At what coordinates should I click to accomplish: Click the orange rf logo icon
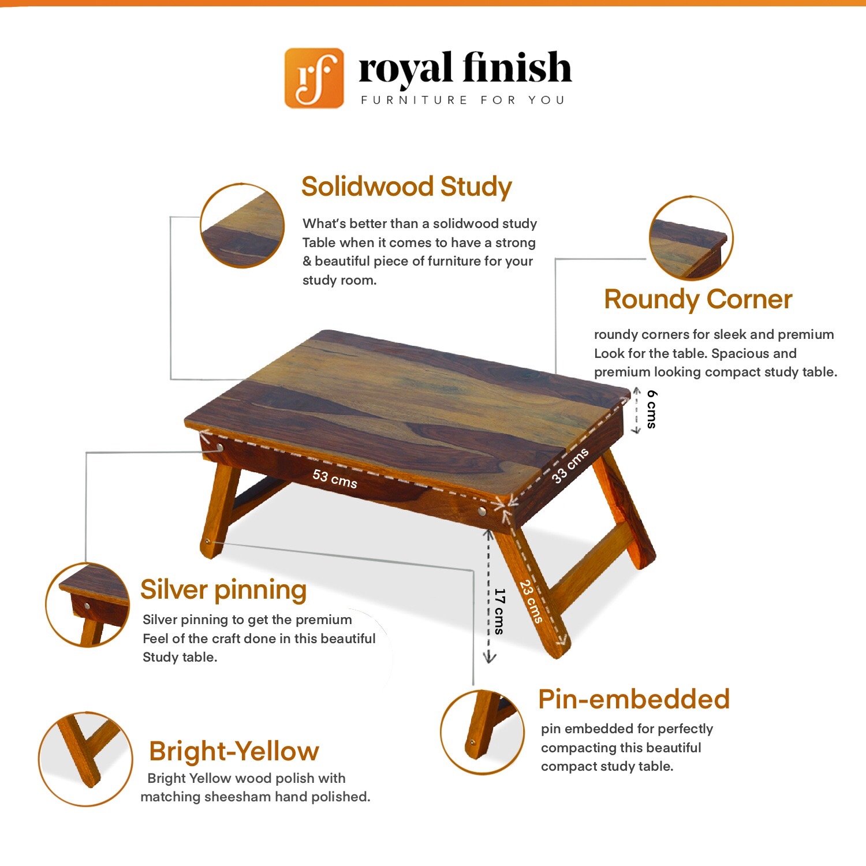pyautogui.click(x=314, y=78)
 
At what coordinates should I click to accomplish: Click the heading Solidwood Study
pyautogui.click(x=406, y=188)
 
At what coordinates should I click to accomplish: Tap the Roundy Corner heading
pyautogui.click(x=698, y=300)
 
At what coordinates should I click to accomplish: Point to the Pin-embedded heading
pyautogui.click(x=634, y=699)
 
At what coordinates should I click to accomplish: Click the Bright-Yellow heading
pyautogui.click(x=234, y=751)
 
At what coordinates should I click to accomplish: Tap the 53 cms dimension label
pyautogui.click(x=335, y=479)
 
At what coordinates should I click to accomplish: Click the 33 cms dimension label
pyautogui.click(x=570, y=465)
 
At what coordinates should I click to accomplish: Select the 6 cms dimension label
pyautogui.click(x=652, y=409)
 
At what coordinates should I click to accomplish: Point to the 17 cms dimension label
pyautogui.click(x=500, y=611)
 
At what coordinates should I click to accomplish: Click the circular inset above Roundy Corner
pyautogui.click(x=690, y=238)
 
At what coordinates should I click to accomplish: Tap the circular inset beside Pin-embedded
pyautogui.click(x=482, y=732)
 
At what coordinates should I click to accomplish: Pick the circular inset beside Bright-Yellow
pyautogui.click(x=85, y=759)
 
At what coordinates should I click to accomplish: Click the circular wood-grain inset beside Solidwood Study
pyautogui.click(x=242, y=226)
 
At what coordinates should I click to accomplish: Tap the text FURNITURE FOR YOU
pyautogui.click(x=463, y=100)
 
